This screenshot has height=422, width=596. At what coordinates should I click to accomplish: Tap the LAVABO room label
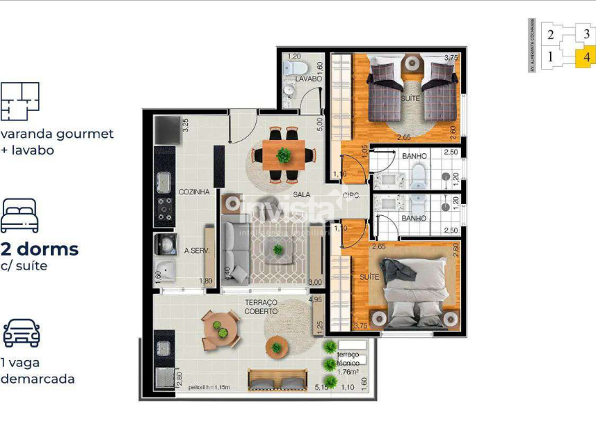point(308,79)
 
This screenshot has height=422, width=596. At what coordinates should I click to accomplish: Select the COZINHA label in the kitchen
point(194,192)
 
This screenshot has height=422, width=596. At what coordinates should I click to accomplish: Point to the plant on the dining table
point(283,155)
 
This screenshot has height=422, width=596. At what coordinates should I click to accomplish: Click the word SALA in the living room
point(301,195)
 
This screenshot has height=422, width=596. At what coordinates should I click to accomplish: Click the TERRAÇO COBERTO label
point(261,307)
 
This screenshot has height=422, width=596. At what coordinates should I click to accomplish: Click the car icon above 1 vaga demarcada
point(21,334)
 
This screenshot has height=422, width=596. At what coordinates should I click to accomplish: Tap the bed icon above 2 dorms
point(19,215)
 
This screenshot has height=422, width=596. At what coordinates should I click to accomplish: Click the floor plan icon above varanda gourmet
point(19,101)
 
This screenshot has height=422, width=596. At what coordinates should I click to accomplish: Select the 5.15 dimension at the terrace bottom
point(321,387)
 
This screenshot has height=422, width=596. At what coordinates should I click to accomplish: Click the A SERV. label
point(197,251)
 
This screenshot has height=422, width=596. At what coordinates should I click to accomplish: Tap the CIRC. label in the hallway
point(352,196)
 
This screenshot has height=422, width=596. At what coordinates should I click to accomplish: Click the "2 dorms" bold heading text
point(40,249)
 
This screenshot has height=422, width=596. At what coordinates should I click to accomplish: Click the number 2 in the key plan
point(550,34)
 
